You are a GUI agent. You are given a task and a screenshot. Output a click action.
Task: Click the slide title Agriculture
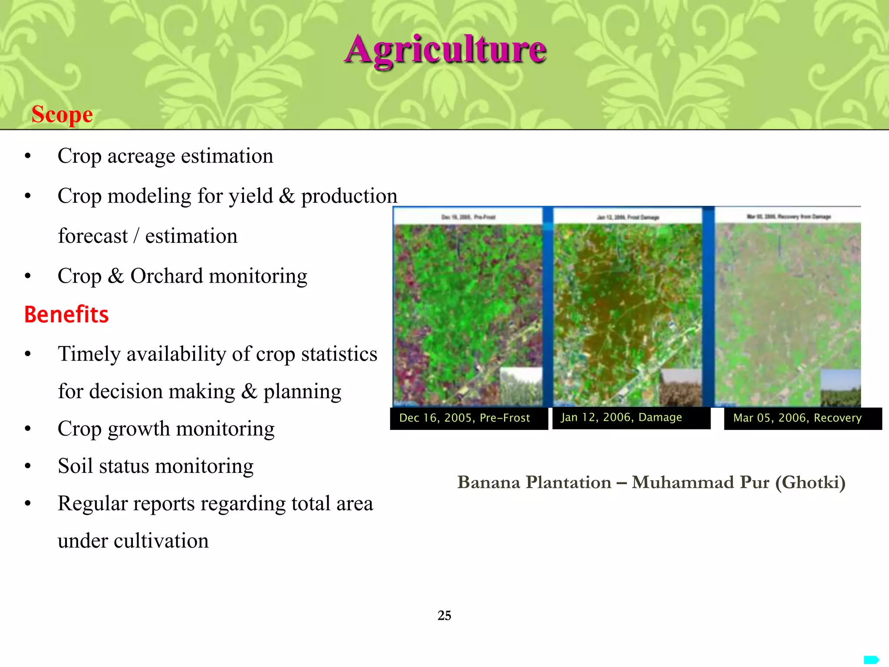click(x=445, y=50)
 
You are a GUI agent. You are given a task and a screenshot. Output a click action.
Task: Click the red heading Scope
click(x=62, y=115)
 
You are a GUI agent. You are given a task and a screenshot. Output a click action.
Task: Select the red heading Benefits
click(x=66, y=314)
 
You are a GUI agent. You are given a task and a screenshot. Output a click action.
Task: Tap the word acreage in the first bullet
click(x=141, y=156)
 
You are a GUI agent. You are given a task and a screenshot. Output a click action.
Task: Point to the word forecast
click(x=93, y=236)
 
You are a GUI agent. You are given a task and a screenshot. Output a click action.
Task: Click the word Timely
click(x=89, y=354)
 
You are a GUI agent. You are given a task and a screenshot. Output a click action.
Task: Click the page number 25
click(x=444, y=615)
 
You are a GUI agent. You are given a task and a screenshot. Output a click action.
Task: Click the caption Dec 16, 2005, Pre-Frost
click(x=464, y=418)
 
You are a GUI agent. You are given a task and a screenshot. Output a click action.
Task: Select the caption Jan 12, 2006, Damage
click(x=621, y=418)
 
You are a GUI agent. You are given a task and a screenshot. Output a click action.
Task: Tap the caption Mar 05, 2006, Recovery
click(x=797, y=418)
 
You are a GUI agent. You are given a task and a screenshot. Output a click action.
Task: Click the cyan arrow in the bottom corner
click(x=871, y=660)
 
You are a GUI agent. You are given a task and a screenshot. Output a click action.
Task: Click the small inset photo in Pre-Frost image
click(x=521, y=386)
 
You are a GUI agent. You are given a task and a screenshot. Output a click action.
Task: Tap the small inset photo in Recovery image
click(x=840, y=388)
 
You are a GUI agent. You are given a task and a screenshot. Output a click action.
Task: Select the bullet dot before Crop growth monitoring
click(x=28, y=429)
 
